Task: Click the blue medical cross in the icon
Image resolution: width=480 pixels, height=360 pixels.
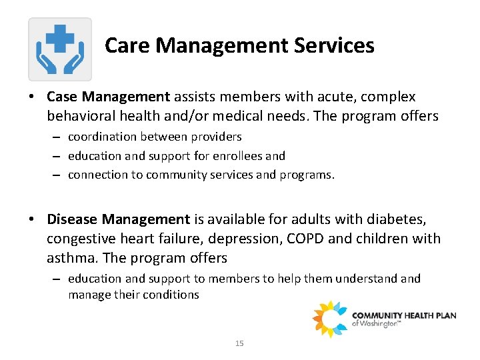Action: point(60,39)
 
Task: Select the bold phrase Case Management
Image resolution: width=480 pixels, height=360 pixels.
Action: point(109,97)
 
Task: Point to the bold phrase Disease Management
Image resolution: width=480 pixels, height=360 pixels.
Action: point(119,219)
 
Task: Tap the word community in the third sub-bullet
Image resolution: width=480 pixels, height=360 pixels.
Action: point(151,175)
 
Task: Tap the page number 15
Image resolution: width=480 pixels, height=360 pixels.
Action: point(239,343)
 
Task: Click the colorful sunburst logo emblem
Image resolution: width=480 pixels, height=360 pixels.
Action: point(330,319)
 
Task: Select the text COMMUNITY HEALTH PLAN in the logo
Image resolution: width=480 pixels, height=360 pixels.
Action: point(404,315)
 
